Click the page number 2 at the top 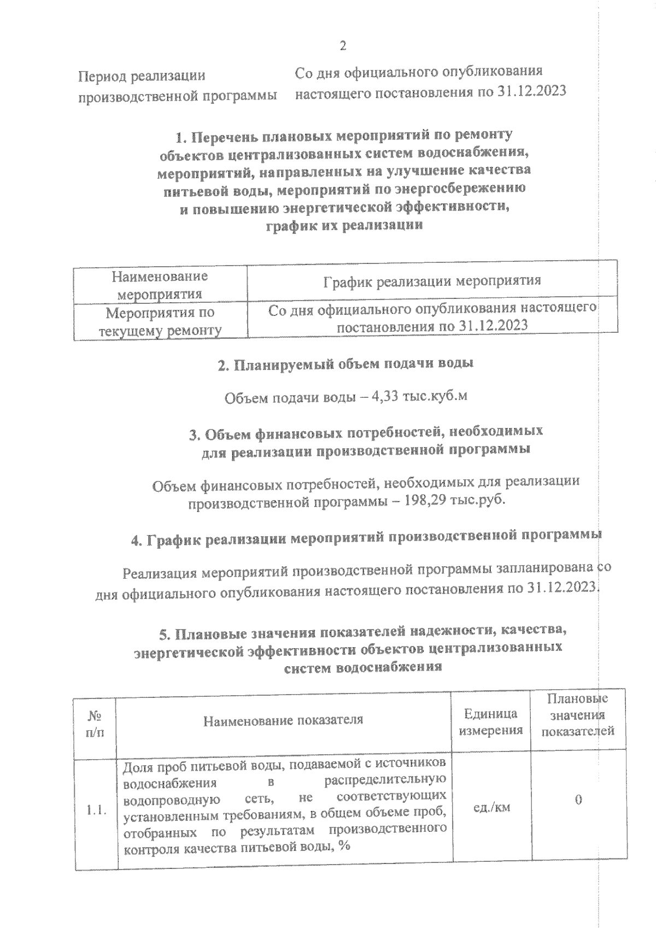point(343,46)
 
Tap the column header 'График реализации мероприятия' point(432,281)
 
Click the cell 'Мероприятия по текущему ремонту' point(160,321)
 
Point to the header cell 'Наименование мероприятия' point(160,285)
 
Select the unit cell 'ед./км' point(491,807)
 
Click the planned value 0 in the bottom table point(578,800)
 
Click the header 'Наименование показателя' point(283,720)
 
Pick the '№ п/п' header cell point(96,723)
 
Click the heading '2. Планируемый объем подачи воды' point(345,365)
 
